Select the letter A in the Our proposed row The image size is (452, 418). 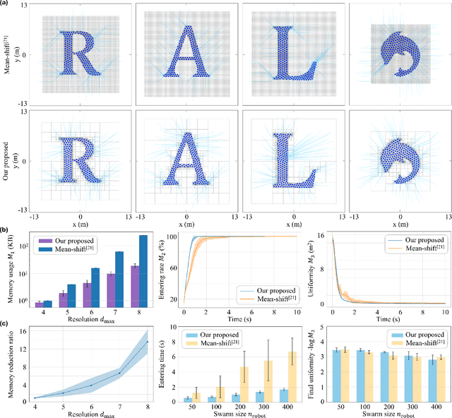tap(186, 161)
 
